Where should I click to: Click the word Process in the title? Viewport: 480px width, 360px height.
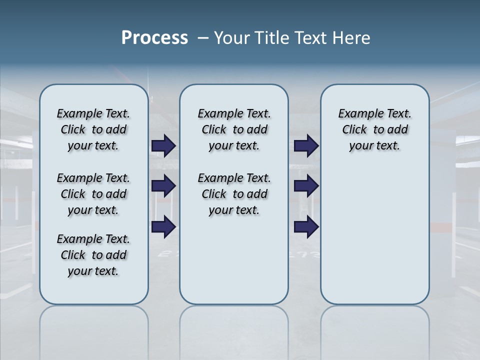click(154, 38)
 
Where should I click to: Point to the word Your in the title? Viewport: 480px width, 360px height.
click(233, 38)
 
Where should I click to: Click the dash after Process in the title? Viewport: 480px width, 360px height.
click(203, 38)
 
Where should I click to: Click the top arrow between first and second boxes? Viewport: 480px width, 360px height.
click(163, 146)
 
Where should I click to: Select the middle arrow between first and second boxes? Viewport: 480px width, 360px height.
click(163, 186)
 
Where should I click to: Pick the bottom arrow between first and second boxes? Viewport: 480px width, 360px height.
click(163, 226)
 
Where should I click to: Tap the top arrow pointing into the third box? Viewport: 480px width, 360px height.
click(306, 146)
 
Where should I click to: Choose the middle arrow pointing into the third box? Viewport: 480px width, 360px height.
click(306, 186)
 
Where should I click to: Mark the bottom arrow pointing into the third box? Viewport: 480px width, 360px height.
click(306, 226)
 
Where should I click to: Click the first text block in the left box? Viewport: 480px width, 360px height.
click(93, 129)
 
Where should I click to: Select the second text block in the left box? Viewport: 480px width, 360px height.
click(93, 194)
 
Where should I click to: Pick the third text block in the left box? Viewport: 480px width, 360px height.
click(93, 255)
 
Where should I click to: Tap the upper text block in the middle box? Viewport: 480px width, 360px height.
click(234, 129)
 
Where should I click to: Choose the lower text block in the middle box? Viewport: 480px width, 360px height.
click(234, 194)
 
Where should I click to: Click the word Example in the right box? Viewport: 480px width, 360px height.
click(357, 114)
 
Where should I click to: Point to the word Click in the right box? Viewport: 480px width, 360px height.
click(354, 130)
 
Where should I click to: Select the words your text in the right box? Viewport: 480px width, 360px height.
click(374, 146)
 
